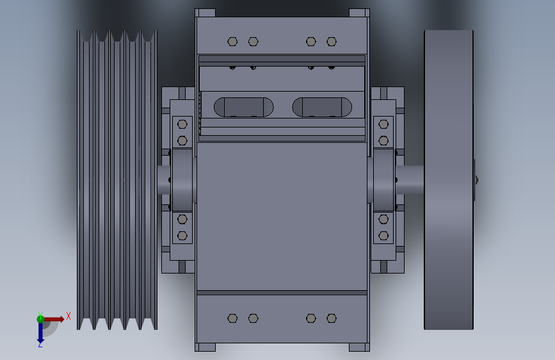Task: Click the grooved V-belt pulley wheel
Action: [x=117, y=180]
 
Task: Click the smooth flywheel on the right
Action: [x=449, y=180]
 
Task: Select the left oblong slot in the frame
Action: [x=244, y=107]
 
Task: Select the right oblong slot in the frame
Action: [x=322, y=107]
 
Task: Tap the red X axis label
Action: [x=68, y=316]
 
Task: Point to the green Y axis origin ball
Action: [x=40, y=319]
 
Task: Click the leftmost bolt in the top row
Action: [x=232, y=42]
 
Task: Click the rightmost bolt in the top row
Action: [x=332, y=42]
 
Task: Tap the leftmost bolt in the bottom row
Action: [x=232, y=318]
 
